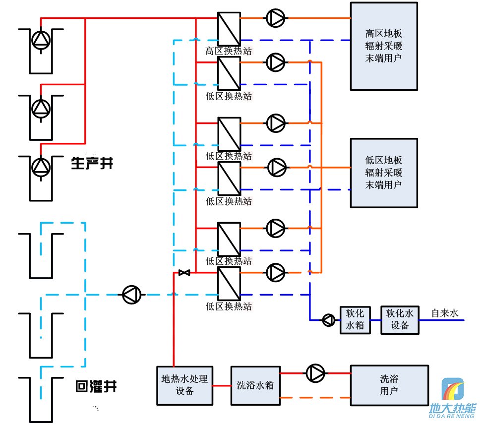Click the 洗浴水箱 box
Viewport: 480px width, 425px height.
coord(255,385)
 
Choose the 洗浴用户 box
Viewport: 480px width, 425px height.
coord(389,385)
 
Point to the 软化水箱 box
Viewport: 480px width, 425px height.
coord(355,319)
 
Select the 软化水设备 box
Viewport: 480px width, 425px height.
coord(400,319)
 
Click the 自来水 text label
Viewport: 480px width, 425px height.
coord(445,313)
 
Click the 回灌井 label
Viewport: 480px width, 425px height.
coord(96,386)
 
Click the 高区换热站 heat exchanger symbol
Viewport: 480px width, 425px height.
coord(229,29)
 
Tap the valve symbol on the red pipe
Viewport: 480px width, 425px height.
coord(184,272)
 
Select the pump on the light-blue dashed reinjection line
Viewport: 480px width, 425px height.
coord(132,295)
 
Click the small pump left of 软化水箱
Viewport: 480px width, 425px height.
coord(328,320)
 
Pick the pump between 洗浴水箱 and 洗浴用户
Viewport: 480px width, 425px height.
coord(314,373)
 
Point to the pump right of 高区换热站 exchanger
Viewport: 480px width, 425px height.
coord(276,18)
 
